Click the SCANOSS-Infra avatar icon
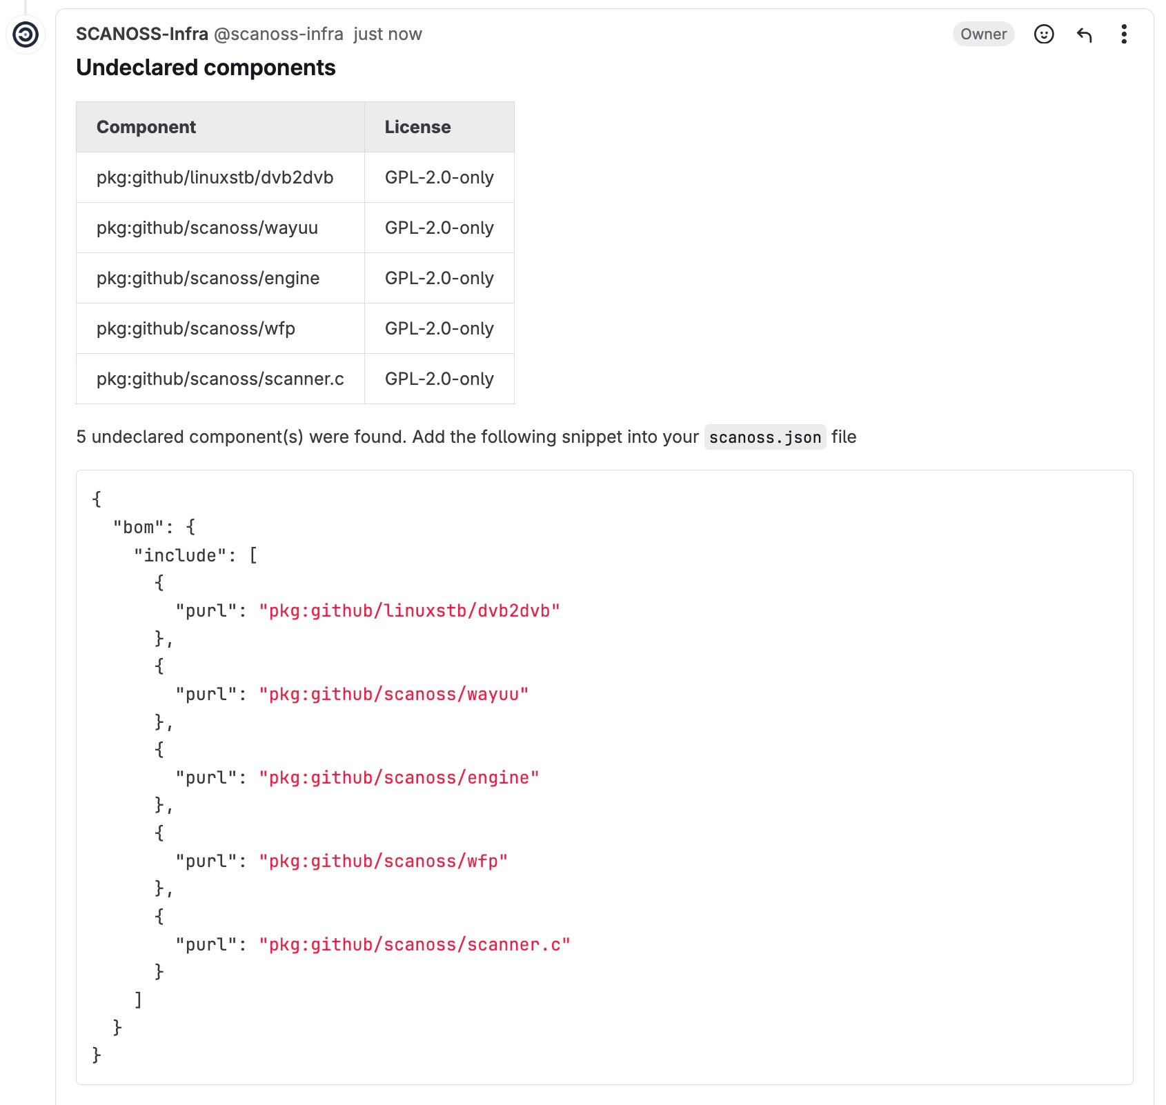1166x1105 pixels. tap(26, 34)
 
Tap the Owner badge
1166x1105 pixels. tap(983, 34)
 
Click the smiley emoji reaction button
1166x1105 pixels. tap(1044, 34)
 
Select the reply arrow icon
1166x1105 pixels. tap(1084, 34)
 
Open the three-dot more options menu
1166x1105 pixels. tap(1124, 34)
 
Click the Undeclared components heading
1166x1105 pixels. tap(206, 68)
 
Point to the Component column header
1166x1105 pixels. tap(146, 127)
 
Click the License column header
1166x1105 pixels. tap(417, 127)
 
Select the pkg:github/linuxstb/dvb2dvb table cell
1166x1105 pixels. tap(215, 177)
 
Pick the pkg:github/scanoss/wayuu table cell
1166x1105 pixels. tap(207, 228)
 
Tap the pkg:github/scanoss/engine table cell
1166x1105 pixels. tap(208, 278)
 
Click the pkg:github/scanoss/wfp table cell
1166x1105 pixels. tap(196, 328)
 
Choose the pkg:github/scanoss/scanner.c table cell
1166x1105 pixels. tap(220, 379)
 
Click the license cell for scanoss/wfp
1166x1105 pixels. tap(439, 328)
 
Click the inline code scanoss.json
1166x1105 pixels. tap(764, 437)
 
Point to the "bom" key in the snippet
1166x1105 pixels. tap(139, 528)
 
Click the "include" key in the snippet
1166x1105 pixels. tap(180, 555)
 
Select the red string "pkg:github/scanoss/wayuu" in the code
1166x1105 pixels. tap(393, 695)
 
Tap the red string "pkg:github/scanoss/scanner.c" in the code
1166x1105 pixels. tap(414, 945)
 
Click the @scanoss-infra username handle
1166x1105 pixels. tap(279, 34)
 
